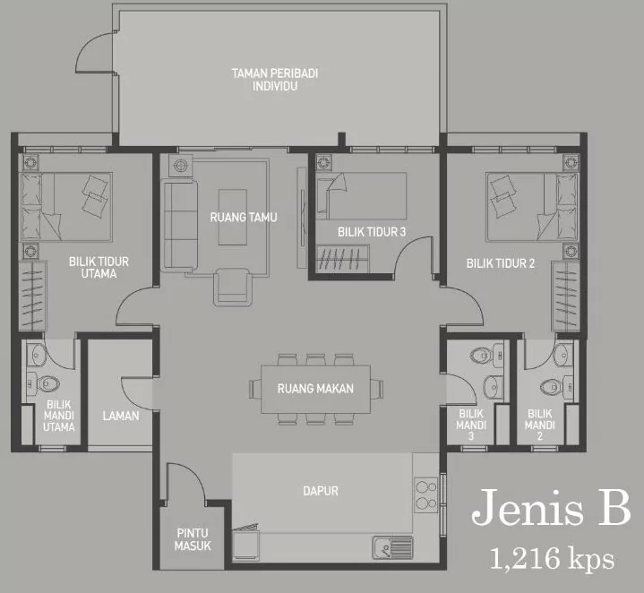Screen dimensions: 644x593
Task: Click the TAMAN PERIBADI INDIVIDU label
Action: [x=275, y=80]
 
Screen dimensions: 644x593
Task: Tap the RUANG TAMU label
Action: [x=244, y=217]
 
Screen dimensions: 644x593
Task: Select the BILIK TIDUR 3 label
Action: [x=372, y=232]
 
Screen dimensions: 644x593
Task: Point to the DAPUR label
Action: [x=321, y=491]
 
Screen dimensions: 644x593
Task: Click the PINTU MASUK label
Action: [x=193, y=539]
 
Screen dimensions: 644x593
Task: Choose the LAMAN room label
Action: [x=121, y=416]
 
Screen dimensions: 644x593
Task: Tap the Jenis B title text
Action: [x=551, y=507]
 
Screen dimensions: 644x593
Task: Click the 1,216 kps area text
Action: [x=552, y=558]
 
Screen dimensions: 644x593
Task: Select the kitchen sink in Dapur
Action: [x=392, y=547]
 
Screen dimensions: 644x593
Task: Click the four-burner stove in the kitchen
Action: [x=426, y=494]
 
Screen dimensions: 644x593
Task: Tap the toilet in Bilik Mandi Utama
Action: [x=45, y=384]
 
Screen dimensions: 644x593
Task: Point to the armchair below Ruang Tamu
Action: [x=233, y=287]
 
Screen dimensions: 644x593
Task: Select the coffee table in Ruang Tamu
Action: [x=233, y=217]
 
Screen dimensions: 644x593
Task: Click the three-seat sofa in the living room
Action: [x=179, y=226]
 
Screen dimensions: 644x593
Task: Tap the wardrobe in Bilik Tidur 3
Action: [x=342, y=259]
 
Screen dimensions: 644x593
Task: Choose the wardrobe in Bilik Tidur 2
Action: [x=565, y=296]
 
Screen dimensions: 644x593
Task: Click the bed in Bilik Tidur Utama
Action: [x=66, y=206]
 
